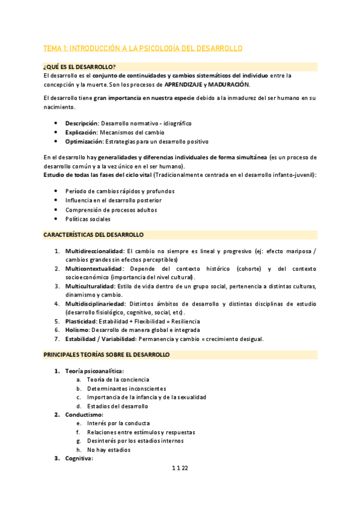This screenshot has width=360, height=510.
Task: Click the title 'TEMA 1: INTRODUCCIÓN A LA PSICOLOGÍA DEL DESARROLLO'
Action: coord(142,48)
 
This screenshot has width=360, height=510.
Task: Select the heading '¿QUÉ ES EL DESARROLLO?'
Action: coord(79,66)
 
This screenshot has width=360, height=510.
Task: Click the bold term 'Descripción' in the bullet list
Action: coord(82,123)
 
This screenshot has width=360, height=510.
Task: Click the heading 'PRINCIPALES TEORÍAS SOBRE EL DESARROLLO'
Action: coord(106,355)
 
